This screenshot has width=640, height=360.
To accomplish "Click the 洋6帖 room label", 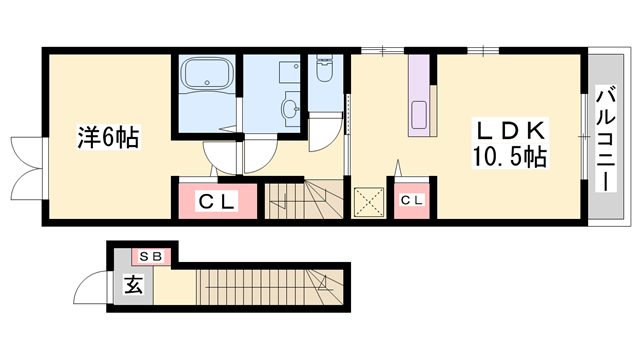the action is click(x=109, y=137).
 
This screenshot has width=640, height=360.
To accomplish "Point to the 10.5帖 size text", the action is click(x=509, y=157).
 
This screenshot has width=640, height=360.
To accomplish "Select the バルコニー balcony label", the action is click(x=606, y=139).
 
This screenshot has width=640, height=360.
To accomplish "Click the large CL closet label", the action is click(x=216, y=201).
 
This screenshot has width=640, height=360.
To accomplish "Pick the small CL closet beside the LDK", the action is click(x=412, y=200).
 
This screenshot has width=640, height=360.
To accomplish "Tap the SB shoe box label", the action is click(x=151, y=257).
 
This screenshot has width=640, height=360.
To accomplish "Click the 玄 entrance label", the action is click(x=133, y=284).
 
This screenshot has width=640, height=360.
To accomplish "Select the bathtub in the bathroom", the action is click(x=207, y=73).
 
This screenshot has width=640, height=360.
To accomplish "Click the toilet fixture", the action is click(x=325, y=69).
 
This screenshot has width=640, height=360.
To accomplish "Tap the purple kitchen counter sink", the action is click(x=419, y=115).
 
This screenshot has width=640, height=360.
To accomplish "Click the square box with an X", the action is click(x=369, y=202).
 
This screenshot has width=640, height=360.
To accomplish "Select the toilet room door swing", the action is click(x=325, y=132).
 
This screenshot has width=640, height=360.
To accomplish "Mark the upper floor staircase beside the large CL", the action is click(x=303, y=201).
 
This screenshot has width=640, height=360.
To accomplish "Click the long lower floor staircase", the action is click(x=270, y=287).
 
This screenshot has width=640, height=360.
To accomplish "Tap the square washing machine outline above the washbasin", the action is click(x=289, y=72).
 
